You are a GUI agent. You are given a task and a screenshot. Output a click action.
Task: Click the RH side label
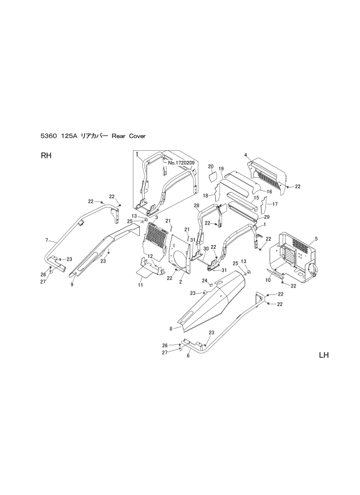tap(46, 156)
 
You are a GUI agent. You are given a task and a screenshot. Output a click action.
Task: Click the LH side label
tap(324, 355)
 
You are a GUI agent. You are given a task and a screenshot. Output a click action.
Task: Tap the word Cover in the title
tap(137, 136)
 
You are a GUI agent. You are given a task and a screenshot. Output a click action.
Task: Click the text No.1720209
tap(181, 163)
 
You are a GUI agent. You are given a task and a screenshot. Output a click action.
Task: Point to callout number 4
tap(246, 155)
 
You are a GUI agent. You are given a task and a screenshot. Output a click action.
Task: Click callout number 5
tap(316, 239)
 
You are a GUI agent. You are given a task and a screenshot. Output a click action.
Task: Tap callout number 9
tap(72, 284)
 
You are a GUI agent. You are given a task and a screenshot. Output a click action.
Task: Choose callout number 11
tap(140, 285)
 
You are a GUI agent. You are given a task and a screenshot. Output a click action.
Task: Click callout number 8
tap(171, 329)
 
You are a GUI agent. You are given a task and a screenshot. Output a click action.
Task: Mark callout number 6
tap(188, 355)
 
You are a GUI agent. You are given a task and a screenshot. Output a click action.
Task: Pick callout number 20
tap(211, 166)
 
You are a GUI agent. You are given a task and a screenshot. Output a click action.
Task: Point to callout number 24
tap(205, 281)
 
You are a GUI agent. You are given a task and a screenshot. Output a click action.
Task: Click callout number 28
tap(197, 206)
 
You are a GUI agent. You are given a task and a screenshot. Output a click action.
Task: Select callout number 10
tap(268, 281)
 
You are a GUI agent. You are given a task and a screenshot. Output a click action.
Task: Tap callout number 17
tap(275, 204)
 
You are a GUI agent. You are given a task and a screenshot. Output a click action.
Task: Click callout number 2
tap(180, 282)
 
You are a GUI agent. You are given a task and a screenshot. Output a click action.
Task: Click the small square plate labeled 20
tap(212, 176)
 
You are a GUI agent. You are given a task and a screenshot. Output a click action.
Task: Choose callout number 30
tap(206, 249)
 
